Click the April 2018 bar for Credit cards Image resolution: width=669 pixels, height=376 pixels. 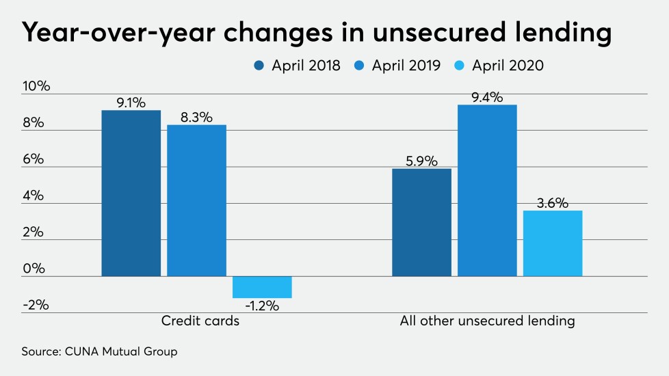click(131, 193)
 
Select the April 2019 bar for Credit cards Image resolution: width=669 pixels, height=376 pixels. click(197, 200)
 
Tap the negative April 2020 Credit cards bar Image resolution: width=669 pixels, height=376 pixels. click(262, 287)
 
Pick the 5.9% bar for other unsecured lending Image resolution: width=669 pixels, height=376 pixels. click(421, 222)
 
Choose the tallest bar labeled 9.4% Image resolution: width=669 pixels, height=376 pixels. click(487, 190)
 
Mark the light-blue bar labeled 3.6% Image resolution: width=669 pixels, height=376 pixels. click(553, 243)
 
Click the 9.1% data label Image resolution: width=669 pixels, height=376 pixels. click(131, 103)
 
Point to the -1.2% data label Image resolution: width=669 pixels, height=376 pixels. click(263, 306)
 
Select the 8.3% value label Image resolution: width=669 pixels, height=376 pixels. click(197, 118)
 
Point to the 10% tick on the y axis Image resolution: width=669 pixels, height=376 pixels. click(36, 87)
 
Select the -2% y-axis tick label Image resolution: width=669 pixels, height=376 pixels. click(36, 304)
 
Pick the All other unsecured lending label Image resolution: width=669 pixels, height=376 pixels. click(487, 321)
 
